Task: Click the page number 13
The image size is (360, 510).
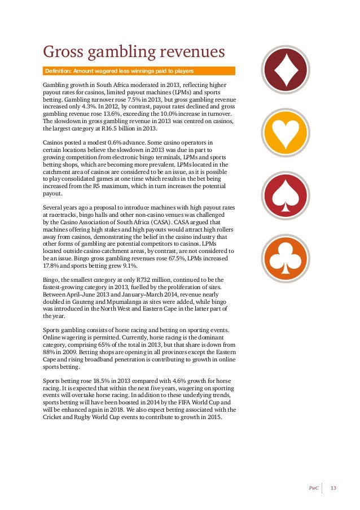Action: tap(333, 487)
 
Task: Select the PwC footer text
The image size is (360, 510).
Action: tap(314, 487)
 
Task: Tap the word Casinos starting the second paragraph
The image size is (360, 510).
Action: tap(55, 142)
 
